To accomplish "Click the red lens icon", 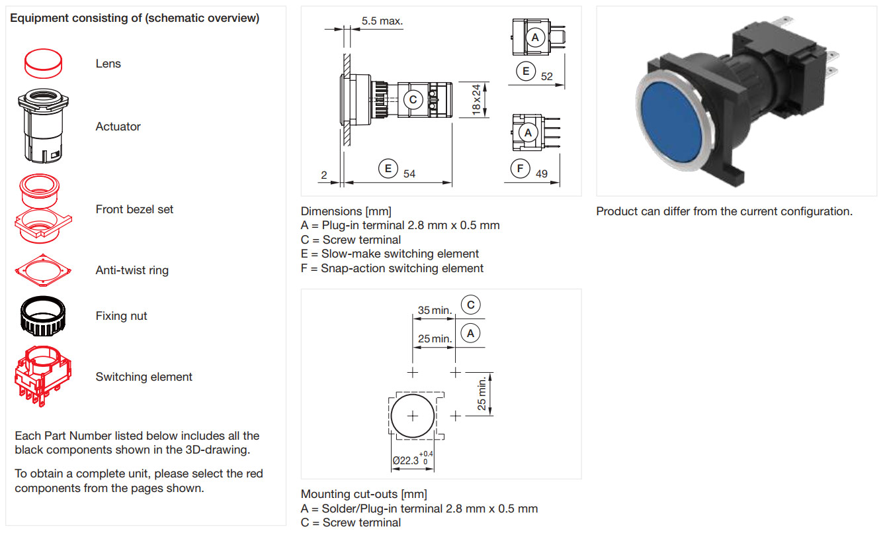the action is click(x=43, y=64).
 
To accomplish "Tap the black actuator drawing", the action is click(x=43, y=126).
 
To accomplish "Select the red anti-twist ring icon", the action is click(x=43, y=271).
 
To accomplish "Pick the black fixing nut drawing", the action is click(x=43, y=316).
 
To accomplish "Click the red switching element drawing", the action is click(x=43, y=376).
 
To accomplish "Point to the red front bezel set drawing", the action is click(x=43, y=209).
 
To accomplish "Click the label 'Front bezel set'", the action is click(x=134, y=209).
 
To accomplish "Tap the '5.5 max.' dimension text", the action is click(x=382, y=21).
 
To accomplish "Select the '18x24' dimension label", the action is click(x=476, y=100).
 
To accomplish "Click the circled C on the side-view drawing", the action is click(x=413, y=100).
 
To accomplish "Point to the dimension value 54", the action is click(x=409, y=173).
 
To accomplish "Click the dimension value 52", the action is click(x=547, y=76).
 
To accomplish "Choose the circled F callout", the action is click(x=521, y=168).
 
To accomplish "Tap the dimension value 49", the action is click(x=542, y=173).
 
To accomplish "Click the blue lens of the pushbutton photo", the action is click(x=671, y=123).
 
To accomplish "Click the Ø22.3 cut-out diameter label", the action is click(x=413, y=459).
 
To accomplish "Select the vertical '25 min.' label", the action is click(x=482, y=394).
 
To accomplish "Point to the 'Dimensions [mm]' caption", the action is click(x=346, y=211).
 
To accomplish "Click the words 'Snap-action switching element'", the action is click(x=402, y=268).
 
